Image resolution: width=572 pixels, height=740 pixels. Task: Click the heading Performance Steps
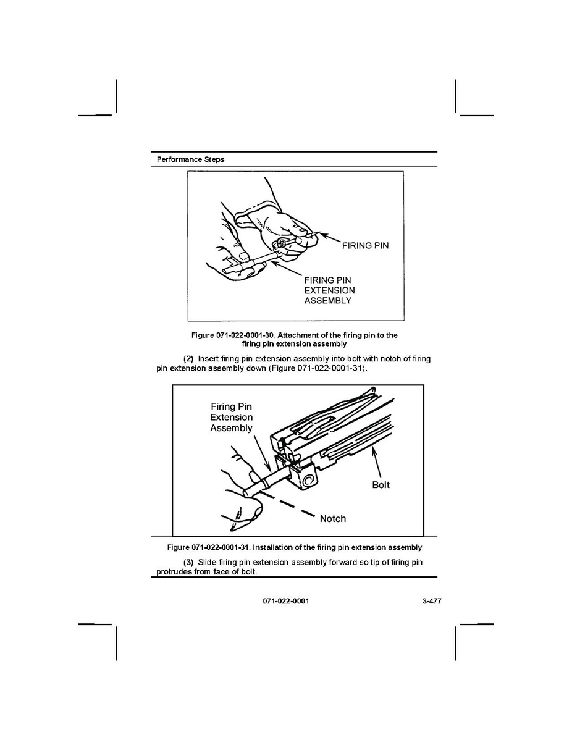(x=190, y=159)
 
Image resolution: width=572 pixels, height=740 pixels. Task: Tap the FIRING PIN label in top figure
(x=366, y=245)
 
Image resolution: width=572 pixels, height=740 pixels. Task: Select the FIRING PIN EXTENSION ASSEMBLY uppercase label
(x=329, y=290)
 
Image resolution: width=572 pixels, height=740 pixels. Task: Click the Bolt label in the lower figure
(x=381, y=485)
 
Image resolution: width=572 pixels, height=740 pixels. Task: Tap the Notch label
(x=332, y=519)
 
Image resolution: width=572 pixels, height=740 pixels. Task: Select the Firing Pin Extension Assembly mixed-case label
(x=231, y=417)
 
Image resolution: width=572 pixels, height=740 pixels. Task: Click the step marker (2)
(x=188, y=359)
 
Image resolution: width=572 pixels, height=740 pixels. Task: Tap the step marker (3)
(x=188, y=562)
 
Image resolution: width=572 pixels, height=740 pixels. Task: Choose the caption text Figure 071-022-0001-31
(x=209, y=547)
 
